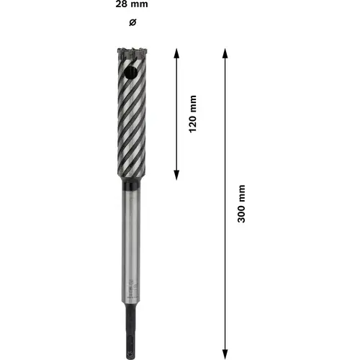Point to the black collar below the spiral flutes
pos(130,185)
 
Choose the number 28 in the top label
pos(120,4)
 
